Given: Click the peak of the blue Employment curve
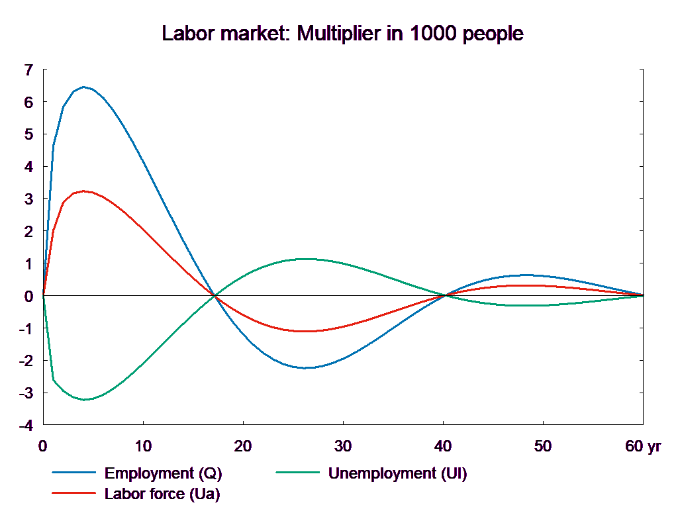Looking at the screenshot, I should click(83, 87).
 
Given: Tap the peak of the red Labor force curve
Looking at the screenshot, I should click(84, 191).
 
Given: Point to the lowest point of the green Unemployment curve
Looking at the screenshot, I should click(84, 399).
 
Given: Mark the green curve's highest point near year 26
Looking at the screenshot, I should click(305, 259).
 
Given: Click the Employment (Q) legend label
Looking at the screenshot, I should click(163, 473).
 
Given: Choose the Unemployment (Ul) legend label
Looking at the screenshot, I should click(397, 473).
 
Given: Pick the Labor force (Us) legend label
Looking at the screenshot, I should click(162, 493).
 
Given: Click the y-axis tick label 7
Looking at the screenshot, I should click(28, 70).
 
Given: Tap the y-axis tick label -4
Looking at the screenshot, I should click(26, 426).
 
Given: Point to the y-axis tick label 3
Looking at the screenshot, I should click(28, 199).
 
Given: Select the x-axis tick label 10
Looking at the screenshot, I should click(143, 446).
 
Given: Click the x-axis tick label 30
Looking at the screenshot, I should click(343, 446).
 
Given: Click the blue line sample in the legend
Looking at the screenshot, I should click(74, 473).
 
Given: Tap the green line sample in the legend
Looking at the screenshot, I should click(297, 473).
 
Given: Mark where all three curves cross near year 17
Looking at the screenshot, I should click(214, 296).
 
